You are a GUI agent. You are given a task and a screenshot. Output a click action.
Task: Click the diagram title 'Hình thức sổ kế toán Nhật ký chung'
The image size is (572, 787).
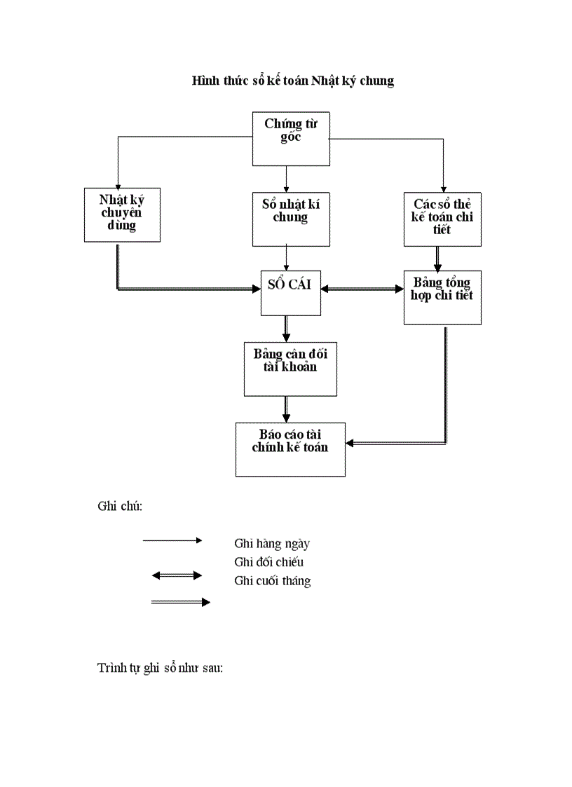(x=293, y=81)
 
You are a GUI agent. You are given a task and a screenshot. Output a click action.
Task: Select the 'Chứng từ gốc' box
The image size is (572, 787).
(x=290, y=139)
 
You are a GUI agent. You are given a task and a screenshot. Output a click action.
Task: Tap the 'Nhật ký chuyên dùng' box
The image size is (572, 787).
(x=122, y=214)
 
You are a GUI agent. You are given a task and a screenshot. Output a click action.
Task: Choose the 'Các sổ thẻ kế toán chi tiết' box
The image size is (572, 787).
(x=442, y=219)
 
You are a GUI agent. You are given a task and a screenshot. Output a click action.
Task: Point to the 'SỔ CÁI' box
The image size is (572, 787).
(x=290, y=292)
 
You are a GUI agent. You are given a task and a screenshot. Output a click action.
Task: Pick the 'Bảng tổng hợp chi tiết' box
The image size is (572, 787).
(x=442, y=297)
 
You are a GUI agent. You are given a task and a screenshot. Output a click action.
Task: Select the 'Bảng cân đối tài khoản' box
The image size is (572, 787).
(x=285, y=369)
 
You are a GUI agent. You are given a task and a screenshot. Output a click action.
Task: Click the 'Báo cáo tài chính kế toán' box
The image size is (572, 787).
(x=290, y=449)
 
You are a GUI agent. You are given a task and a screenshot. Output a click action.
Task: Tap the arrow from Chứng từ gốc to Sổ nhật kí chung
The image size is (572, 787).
(x=287, y=179)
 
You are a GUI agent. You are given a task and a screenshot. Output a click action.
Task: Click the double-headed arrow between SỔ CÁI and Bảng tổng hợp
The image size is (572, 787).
(x=362, y=288)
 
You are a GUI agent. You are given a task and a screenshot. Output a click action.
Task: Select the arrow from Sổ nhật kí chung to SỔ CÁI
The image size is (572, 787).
(x=287, y=258)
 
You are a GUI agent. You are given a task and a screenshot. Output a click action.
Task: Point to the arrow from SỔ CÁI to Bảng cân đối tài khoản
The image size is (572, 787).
(x=287, y=328)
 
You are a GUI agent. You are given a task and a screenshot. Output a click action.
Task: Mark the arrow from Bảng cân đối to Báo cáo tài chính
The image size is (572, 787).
(x=287, y=409)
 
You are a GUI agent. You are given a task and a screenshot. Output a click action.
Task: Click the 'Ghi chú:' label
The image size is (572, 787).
(x=120, y=507)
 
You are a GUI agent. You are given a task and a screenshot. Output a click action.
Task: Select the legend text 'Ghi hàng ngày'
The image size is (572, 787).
(x=272, y=543)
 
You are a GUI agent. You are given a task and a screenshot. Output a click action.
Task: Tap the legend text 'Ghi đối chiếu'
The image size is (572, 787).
(x=269, y=562)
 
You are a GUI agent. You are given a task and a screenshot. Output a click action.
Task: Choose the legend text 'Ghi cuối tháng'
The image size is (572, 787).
(x=273, y=581)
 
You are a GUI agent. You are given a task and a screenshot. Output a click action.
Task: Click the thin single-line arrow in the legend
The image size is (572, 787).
(x=172, y=540)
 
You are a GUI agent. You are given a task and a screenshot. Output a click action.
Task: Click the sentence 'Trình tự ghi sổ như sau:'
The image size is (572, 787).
(x=160, y=668)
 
